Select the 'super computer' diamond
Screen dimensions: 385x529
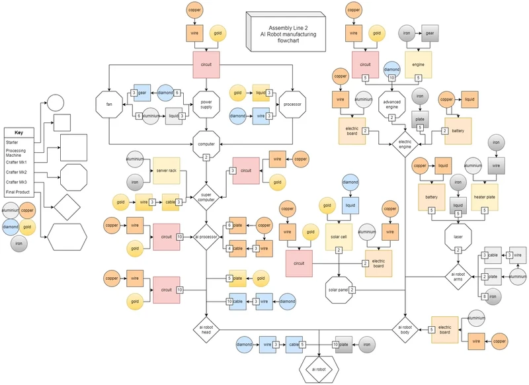(206, 196)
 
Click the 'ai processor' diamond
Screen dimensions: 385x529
(206, 237)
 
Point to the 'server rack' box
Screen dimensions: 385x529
(165, 171)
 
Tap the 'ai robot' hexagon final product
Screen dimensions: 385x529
(319, 369)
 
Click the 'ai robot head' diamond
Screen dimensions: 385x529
(206, 329)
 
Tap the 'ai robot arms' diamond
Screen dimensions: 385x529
(458, 276)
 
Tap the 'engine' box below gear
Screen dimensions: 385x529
(418, 65)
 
